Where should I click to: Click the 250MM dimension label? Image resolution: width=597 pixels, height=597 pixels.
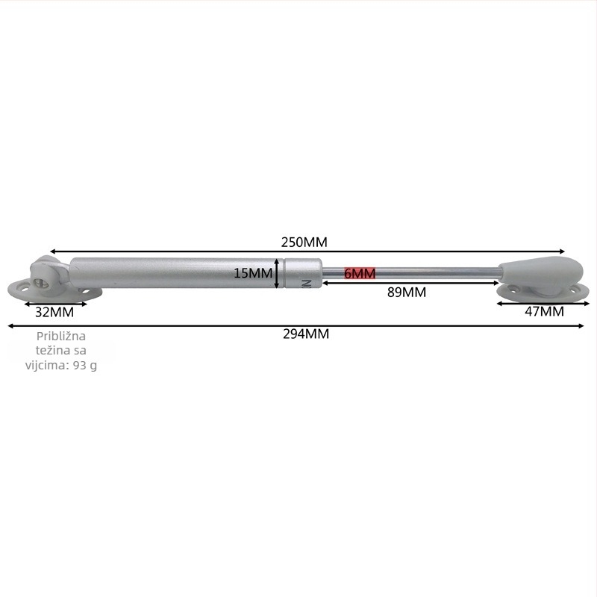pos(304,242)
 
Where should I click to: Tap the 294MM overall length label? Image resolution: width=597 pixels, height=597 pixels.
pos(306,334)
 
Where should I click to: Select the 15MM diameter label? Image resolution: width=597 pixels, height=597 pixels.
pos(253,273)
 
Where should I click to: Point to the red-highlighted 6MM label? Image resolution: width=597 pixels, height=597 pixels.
pos(360,273)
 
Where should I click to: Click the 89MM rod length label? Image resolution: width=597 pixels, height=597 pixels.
pos(406,293)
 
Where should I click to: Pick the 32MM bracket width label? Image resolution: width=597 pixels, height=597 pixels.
pos(54,312)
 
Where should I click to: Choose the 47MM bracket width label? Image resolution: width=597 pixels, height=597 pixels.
pos(544,311)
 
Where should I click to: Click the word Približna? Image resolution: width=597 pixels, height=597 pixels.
pos(61,337)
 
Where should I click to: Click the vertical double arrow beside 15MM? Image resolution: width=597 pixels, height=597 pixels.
pos(277,273)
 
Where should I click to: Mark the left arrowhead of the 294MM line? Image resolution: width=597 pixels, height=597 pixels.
pos(10,326)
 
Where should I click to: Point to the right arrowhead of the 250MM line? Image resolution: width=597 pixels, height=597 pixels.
pos(563,251)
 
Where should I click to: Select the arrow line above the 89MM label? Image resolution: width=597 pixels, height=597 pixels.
pos(410,283)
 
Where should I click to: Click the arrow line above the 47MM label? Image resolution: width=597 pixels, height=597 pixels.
pos(543,304)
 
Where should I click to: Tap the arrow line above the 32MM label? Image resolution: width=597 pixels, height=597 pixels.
pos(55,304)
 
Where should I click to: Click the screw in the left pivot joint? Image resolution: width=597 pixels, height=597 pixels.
pos(40,284)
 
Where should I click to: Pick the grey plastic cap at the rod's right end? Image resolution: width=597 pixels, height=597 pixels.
pos(541,270)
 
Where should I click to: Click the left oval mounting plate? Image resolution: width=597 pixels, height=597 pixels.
pos(54,290)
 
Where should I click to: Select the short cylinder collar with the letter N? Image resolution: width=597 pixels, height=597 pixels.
pos(304,273)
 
